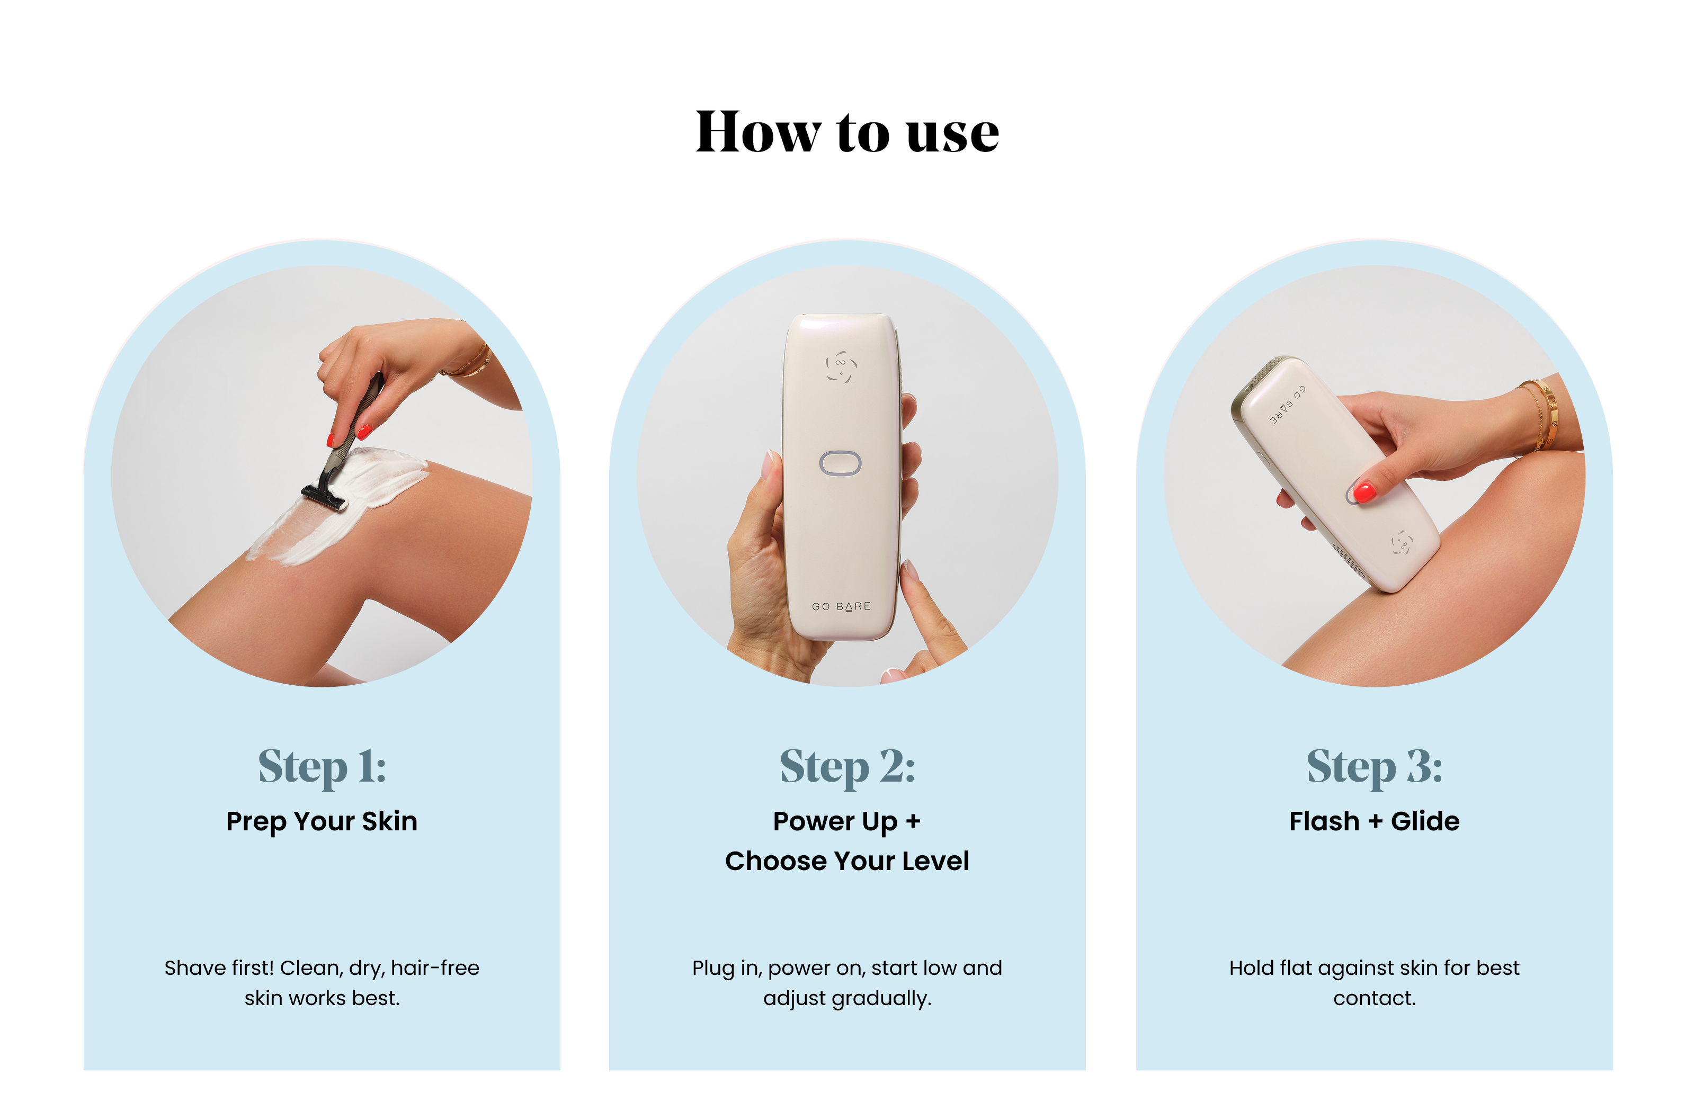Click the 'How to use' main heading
coord(847,132)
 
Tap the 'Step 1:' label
coord(322,767)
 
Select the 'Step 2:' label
coord(847,767)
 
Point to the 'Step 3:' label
coord(1375,767)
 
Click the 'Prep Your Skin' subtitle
coord(322,822)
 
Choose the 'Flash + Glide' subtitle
coord(1375,821)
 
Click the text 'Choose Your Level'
coord(847,861)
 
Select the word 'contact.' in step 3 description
coord(1375,999)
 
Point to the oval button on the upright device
coord(841,463)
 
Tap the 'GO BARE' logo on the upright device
coord(841,607)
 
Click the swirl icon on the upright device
coord(841,366)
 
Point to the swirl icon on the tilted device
coord(1402,543)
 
